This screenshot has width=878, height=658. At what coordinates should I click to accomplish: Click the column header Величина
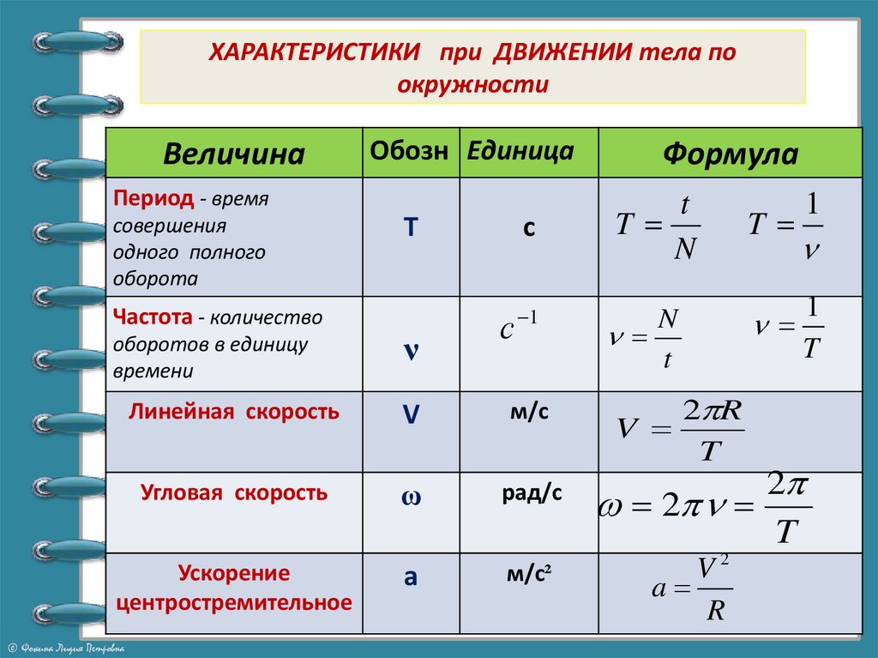coord(233,154)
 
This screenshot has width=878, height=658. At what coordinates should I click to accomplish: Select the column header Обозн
coord(409,151)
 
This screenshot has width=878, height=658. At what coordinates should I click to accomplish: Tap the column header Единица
coord(520,151)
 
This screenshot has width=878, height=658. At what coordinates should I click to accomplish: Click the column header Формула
coord(730,154)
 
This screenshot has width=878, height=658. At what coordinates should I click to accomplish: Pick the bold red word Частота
coord(151,317)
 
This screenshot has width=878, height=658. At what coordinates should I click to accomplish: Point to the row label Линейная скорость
coord(234,412)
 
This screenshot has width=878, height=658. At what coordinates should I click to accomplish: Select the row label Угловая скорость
coord(234,493)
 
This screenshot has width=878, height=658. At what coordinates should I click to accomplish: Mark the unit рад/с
coord(532,494)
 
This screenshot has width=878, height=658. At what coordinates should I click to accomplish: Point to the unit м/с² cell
coord(527,576)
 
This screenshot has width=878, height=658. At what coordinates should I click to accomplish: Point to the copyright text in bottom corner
coord(66,648)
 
